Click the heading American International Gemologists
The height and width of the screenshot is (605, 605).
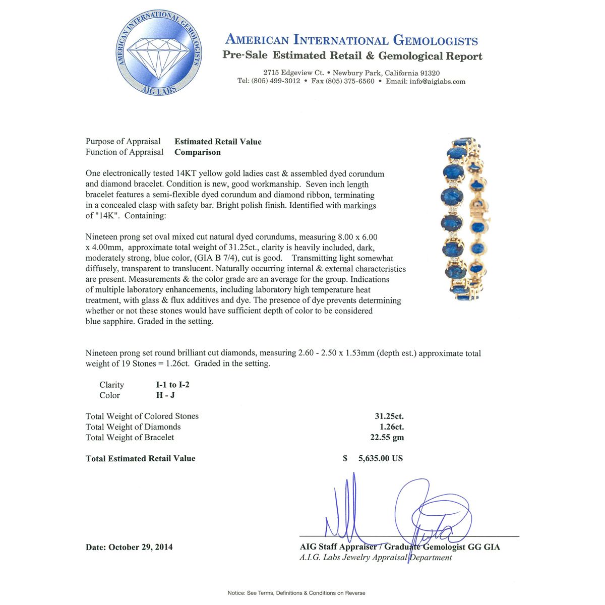pos(351,40)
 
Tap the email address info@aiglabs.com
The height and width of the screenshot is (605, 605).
pos(438,81)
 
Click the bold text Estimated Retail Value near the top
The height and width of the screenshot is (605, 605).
pos(218,142)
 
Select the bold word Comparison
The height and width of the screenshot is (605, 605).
pos(198,152)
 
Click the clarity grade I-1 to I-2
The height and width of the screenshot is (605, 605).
pos(173,385)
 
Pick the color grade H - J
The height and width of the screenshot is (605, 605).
pos(165,395)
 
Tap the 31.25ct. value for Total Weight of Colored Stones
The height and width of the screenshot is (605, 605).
pos(389,416)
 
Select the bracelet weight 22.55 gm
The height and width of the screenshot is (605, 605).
pos(387,438)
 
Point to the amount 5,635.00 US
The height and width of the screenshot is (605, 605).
pos(380,459)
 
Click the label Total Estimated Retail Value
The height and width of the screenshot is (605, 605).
pos(140,459)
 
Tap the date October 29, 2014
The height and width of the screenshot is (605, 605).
pos(140,547)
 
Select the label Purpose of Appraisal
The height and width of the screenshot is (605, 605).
pos(123,142)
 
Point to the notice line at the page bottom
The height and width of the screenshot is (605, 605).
pos(296,593)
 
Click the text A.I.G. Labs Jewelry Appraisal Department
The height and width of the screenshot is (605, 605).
pos(376,558)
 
